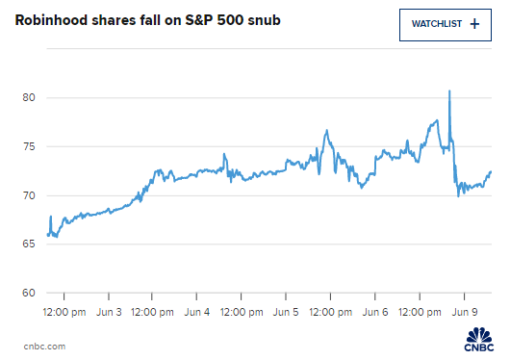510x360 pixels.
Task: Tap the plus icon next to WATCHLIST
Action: click(473, 24)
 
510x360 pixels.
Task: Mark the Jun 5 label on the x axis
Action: click(286, 312)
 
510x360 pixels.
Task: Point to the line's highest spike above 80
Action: click(449, 91)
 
